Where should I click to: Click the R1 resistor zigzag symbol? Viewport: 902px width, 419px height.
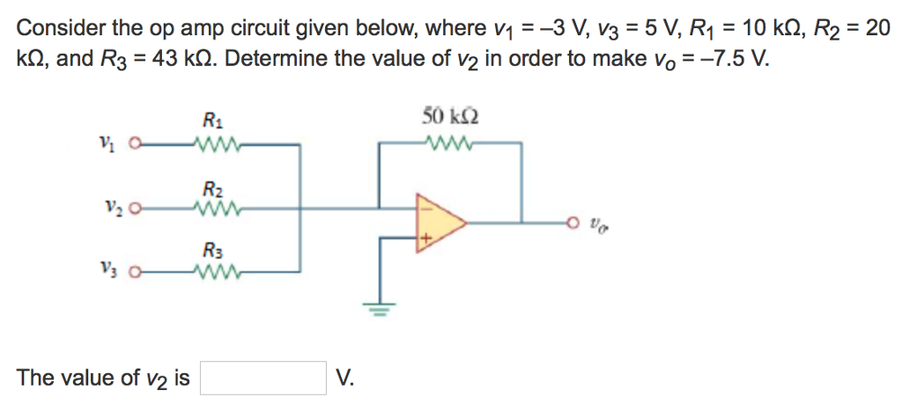[213, 143]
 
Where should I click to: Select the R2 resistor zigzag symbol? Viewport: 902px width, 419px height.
[213, 209]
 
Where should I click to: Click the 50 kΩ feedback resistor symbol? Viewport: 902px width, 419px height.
[450, 143]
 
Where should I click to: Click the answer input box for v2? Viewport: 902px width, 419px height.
[263, 379]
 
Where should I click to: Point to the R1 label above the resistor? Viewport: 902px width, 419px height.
[212, 121]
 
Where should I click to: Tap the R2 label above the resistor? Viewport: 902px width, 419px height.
[212, 187]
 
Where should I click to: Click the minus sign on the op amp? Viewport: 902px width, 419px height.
[424, 209]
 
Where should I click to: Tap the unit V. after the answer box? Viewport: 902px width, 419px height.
[345, 379]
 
